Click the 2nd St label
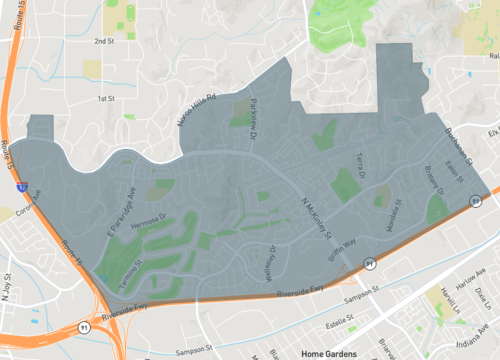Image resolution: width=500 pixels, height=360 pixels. point(104,41)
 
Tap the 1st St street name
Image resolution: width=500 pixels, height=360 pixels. point(107,98)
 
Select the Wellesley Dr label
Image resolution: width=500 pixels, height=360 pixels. point(265,261)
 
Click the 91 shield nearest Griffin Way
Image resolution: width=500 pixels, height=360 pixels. point(369,263)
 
